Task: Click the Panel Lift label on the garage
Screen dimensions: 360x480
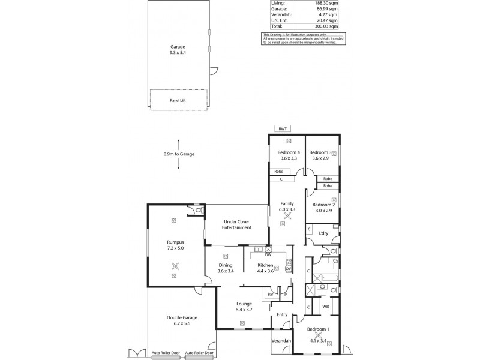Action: (x=178, y=100)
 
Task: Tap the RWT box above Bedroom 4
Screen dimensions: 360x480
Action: (x=281, y=129)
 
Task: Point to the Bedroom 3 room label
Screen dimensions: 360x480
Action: (x=320, y=153)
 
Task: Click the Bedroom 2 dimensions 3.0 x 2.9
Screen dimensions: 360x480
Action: (x=322, y=211)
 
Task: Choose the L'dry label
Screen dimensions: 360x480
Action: (x=325, y=233)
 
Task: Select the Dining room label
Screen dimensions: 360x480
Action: (x=226, y=265)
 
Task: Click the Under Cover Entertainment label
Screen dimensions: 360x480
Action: (x=236, y=225)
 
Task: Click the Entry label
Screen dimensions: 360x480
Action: (x=281, y=314)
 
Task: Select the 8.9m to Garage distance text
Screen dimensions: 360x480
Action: (x=179, y=154)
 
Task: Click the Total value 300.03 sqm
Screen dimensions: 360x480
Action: (x=326, y=27)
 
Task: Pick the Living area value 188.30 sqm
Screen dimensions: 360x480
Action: (x=326, y=3)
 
